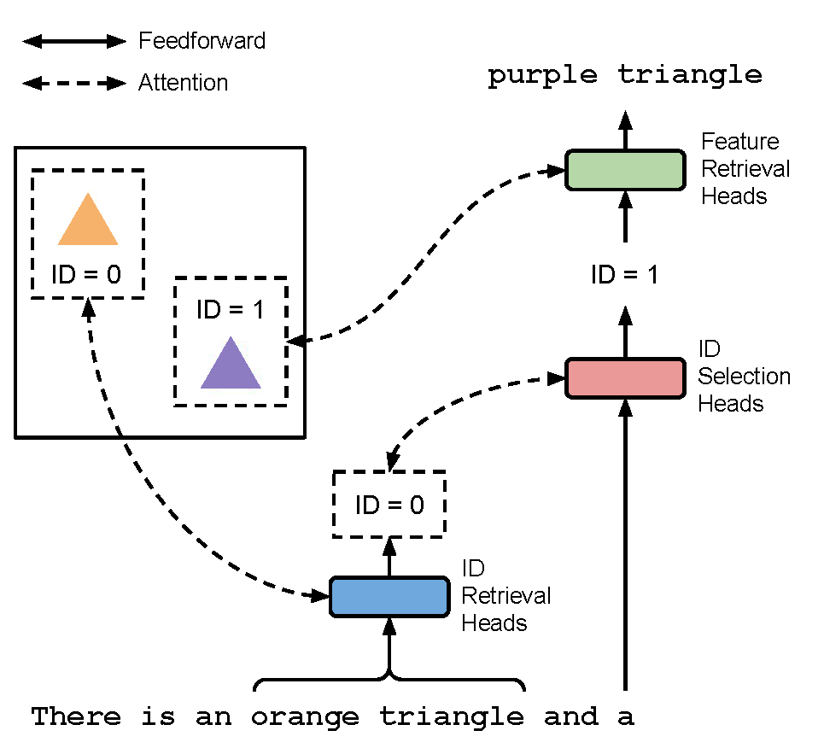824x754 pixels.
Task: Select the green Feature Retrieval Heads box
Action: (625, 169)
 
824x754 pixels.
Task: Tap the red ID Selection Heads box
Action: (625, 378)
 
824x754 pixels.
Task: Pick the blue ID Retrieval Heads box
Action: (389, 597)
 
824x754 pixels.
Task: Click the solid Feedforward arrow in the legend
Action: (73, 41)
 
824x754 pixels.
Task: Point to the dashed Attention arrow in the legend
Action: (73, 84)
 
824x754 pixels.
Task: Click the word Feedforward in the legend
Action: (202, 41)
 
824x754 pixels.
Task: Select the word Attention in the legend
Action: (183, 84)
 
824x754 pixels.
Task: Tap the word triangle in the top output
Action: (690, 75)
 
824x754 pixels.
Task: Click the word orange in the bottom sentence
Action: (305, 717)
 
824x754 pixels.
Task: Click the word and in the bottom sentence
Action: (570, 717)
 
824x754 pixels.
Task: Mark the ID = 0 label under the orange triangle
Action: (88, 274)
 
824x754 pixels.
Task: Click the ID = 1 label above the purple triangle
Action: (231, 309)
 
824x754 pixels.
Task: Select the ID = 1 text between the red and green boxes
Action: (625, 275)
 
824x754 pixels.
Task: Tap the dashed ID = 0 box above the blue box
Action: (389, 505)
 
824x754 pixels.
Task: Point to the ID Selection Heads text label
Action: (743, 377)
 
